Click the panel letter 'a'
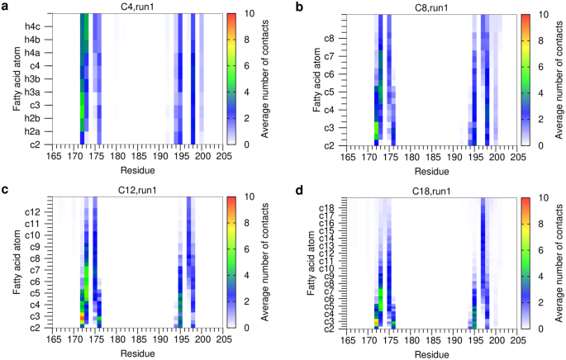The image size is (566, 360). pyautogui.click(x=6, y=6)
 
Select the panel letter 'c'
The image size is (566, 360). pyautogui.click(x=6, y=188)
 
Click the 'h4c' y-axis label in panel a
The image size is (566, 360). pyautogui.click(x=31, y=26)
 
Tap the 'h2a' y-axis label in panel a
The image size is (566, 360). pyautogui.click(x=31, y=131)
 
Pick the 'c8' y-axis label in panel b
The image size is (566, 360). pyautogui.click(x=328, y=39)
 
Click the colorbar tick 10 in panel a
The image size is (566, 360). pyautogui.click(x=250, y=15)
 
